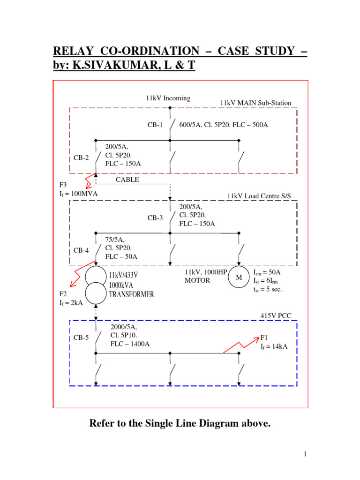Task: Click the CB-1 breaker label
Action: coord(155,125)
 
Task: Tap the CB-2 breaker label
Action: coord(81,157)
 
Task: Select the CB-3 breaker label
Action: coord(155,217)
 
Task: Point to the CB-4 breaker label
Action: coord(81,250)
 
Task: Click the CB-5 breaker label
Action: coord(81,337)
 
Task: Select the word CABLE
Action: coord(127,180)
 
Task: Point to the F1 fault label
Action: coord(264,337)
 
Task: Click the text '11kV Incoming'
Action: coord(168,98)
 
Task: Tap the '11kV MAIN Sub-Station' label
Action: coord(255,103)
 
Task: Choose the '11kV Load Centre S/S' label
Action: coord(259,196)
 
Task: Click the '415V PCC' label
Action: coord(276,316)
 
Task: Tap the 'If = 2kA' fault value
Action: coord(71,303)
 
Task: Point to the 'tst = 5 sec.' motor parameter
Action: coord(268,289)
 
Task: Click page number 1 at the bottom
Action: coord(304,454)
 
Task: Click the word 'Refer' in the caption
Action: coord(102,424)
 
